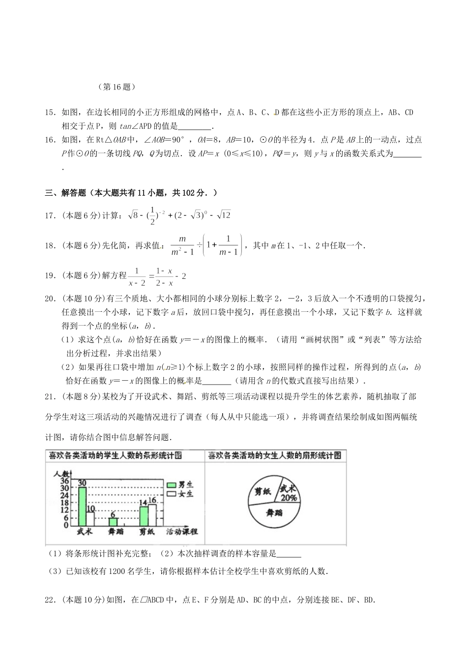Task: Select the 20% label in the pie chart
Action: pyautogui.click(x=289, y=498)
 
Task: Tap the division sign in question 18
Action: pyautogui.click(x=200, y=244)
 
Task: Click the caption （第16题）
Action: pyautogui.click(x=117, y=87)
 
